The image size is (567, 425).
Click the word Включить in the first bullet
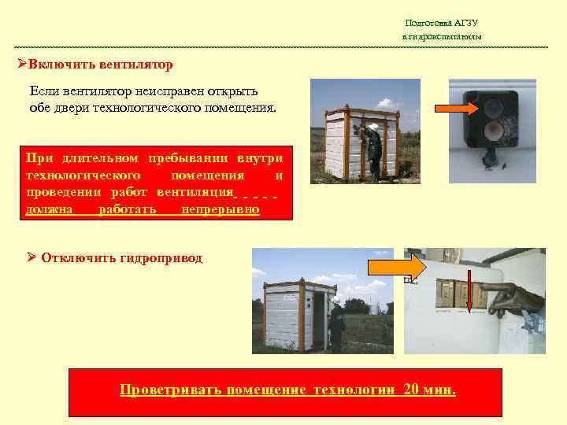click(60, 63)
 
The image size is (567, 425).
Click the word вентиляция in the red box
click(195, 191)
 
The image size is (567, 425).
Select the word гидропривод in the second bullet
click(161, 257)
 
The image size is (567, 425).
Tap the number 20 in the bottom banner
click(411, 390)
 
